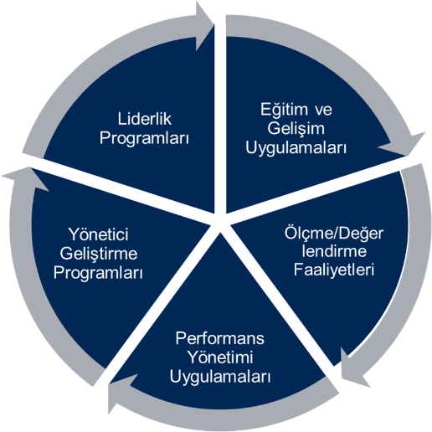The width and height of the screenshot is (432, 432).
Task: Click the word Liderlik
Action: pyautogui.click(x=144, y=119)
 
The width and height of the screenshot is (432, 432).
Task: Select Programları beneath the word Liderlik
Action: pyautogui.click(x=144, y=139)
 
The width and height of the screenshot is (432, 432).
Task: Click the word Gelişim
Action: pyautogui.click(x=296, y=129)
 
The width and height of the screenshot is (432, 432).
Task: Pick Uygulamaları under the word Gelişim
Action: pyautogui.click(x=296, y=148)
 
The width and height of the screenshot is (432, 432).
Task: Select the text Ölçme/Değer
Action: pyautogui.click(x=334, y=234)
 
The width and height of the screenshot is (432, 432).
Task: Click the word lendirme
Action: pyautogui.click(x=334, y=251)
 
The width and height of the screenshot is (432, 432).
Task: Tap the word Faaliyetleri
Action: pyautogui.click(x=334, y=270)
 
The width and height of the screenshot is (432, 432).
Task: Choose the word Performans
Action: pyautogui.click(x=219, y=339)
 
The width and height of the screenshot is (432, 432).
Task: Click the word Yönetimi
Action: pyautogui.click(x=220, y=357)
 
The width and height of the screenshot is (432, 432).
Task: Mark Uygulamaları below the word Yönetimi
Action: pyautogui.click(x=220, y=378)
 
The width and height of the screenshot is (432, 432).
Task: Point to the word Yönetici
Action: pyautogui.click(x=99, y=234)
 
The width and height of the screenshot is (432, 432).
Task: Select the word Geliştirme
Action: pyautogui.click(x=99, y=255)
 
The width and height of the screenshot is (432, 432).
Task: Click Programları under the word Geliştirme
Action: pyautogui.click(x=98, y=273)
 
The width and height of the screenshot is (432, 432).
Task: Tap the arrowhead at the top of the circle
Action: pyautogui.click(x=203, y=26)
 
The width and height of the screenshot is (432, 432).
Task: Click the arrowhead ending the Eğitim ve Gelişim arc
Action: pyautogui.click(x=404, y=145)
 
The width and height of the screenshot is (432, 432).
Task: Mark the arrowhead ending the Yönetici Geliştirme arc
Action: pyautogui.click(x=27, y=178)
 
